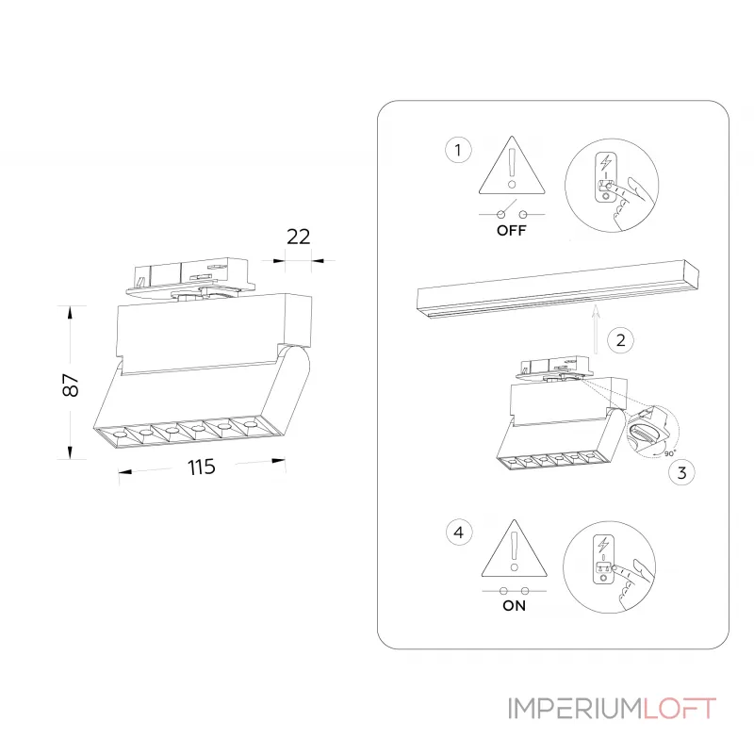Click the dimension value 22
coord(298,237)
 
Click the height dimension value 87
coord(71,385)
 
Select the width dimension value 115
coord(201,467)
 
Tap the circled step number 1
coord(458,150)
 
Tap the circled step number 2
coord(620,340)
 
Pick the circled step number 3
coord(681,473)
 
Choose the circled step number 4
coord(459,533)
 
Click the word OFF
coord(511,230)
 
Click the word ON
coord(514,605)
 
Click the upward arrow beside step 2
coord(596,329)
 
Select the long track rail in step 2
coord(558,288)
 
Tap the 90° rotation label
coord(669,453)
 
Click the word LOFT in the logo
coord(680,709)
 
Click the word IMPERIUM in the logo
coord(576,709)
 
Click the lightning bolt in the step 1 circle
coord(606,162)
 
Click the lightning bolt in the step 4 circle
coord(603,545)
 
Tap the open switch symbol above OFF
coord(512,211)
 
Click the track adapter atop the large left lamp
coord(191,280)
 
